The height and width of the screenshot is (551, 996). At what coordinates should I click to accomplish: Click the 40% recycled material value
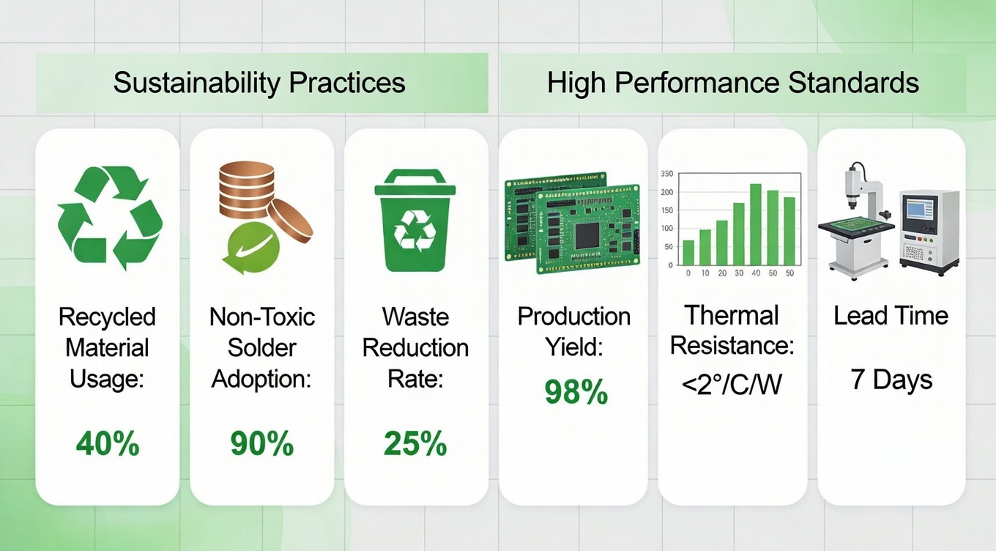point(107,443)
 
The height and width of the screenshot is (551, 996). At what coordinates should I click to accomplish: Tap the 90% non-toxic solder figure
point(261,443)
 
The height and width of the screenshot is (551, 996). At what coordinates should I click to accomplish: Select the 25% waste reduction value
point(415,443)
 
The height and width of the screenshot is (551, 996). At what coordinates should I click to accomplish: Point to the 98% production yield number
point(576,393)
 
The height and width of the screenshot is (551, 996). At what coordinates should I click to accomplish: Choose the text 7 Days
point(891,380)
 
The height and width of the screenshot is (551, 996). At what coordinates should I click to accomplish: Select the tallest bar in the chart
point(756,224)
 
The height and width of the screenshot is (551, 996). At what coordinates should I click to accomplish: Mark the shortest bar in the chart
point(688,252)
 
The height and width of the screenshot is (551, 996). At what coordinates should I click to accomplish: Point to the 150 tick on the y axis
point(666,210)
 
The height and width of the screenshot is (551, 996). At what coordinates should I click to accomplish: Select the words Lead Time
point(891,316)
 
